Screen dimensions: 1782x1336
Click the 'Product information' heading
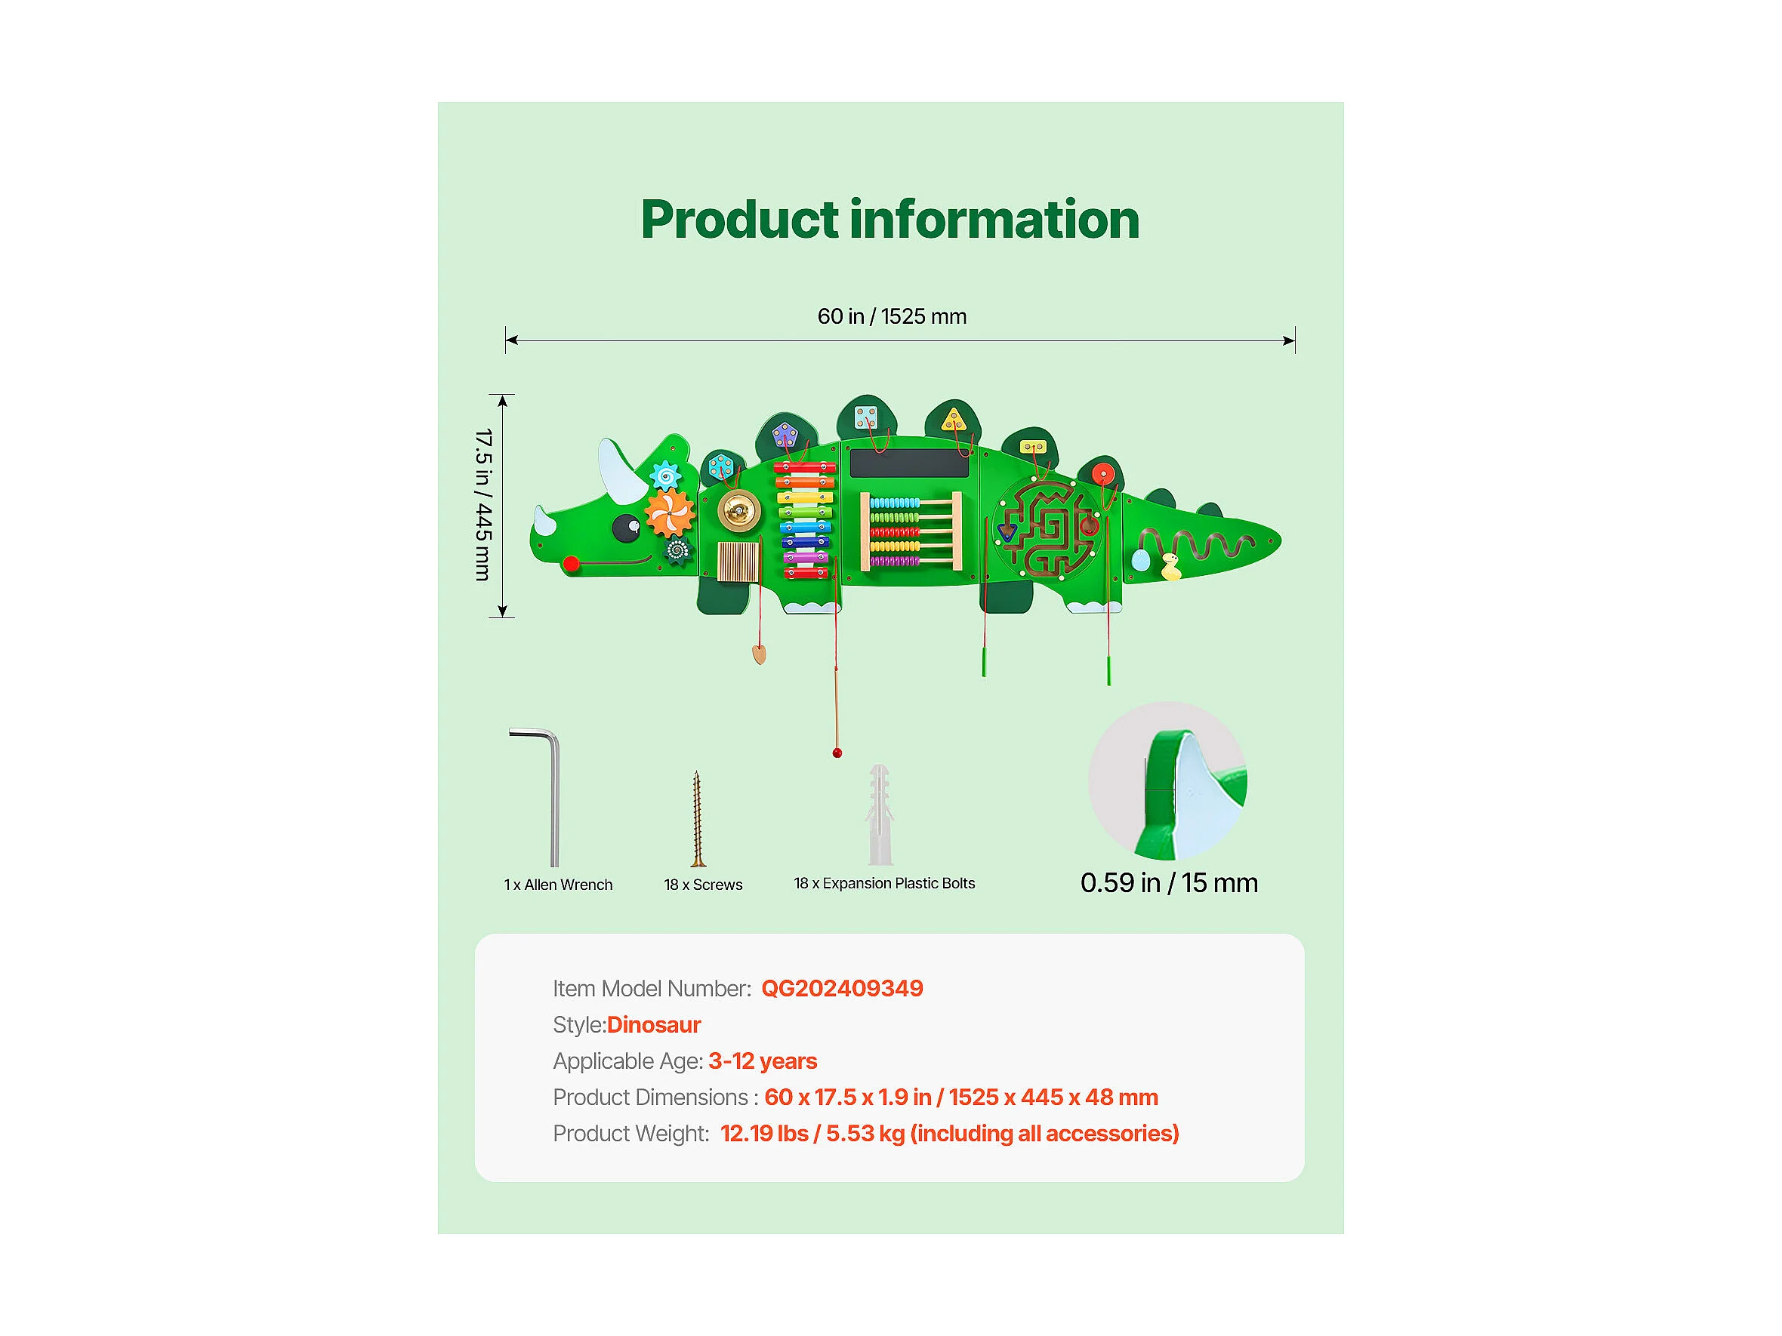889,219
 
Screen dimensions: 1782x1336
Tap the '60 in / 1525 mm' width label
892,316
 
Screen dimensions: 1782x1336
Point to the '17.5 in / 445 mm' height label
482,505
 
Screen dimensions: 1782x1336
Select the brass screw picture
698,818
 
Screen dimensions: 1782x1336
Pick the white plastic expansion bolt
880,814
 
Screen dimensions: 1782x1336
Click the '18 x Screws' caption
702,884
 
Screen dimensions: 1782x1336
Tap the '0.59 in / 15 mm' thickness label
1168,882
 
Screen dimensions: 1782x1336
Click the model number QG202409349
842,988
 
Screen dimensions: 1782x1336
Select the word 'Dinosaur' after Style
653,1024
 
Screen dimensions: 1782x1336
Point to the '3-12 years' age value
762,1060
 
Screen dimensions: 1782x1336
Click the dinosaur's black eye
626,528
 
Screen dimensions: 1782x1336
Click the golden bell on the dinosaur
738,509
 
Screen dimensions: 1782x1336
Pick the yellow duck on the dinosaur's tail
1170,566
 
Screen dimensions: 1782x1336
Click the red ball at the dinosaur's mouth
571,564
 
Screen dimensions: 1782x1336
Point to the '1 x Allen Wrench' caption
558,884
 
